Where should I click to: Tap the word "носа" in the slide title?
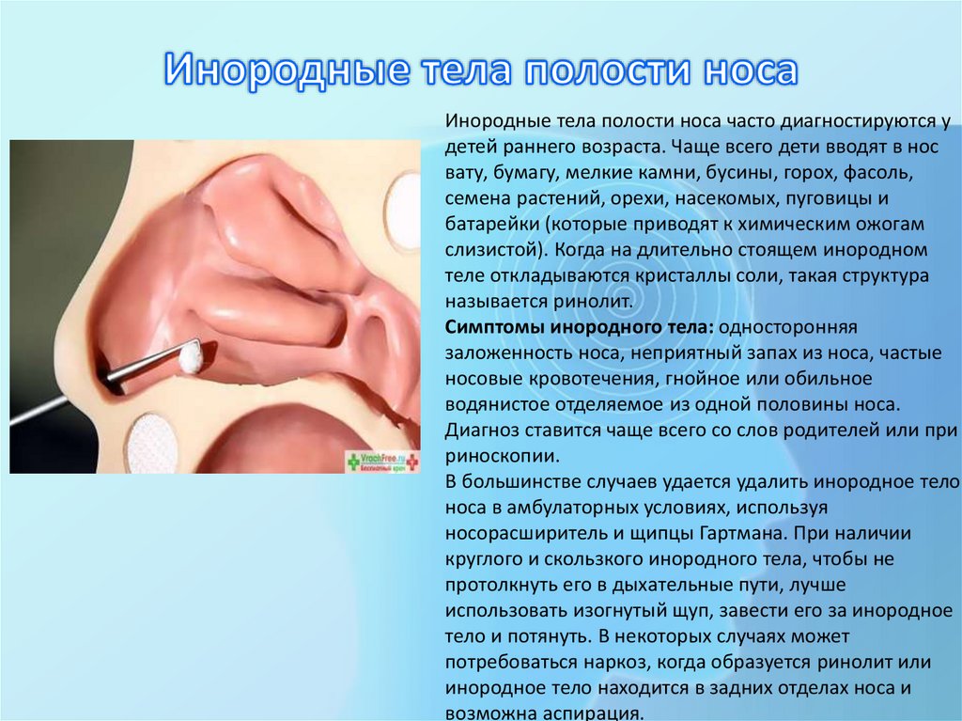748,72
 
